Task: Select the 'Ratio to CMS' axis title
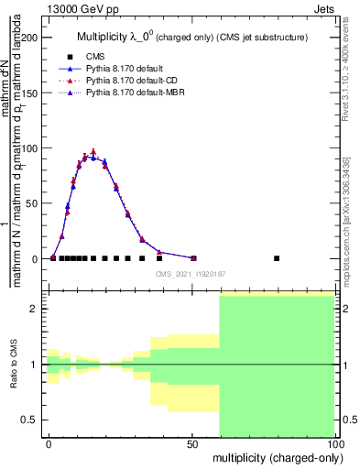(x=13, y=364)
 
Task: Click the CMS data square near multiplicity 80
(x=277, y=258)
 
